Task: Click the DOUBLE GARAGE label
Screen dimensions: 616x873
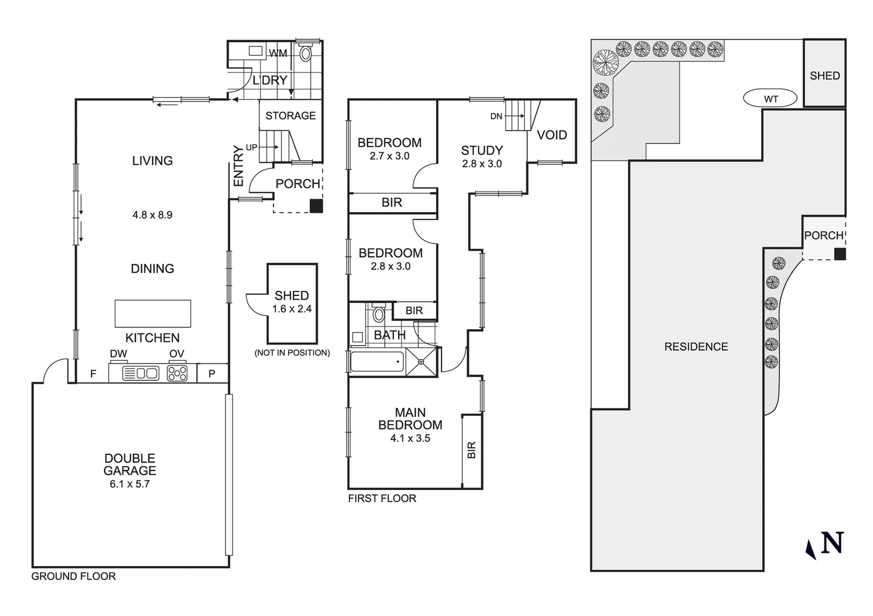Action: [130, 464]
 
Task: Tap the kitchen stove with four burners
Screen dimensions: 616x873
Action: [176, 373]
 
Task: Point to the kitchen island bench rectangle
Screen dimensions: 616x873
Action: [152, 313]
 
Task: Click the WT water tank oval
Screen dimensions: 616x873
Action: [770, 99]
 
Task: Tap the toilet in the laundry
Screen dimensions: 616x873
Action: [306, 53]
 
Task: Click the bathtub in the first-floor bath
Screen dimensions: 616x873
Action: [377, 362]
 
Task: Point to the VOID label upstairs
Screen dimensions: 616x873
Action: [552, 135]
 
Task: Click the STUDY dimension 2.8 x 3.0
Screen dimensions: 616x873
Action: [482, 164]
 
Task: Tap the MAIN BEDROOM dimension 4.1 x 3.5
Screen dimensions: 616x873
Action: [410, 439]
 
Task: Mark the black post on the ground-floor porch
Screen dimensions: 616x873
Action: [316, 206]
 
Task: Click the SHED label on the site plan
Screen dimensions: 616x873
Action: [824, 75]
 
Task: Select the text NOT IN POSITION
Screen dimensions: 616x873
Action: [292, 353]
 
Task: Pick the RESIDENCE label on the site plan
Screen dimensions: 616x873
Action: [695, 347]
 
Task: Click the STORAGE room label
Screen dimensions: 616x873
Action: [290, 116]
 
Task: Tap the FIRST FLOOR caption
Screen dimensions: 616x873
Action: [382, 499]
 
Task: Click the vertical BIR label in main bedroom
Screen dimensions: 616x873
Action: [471, 451]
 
